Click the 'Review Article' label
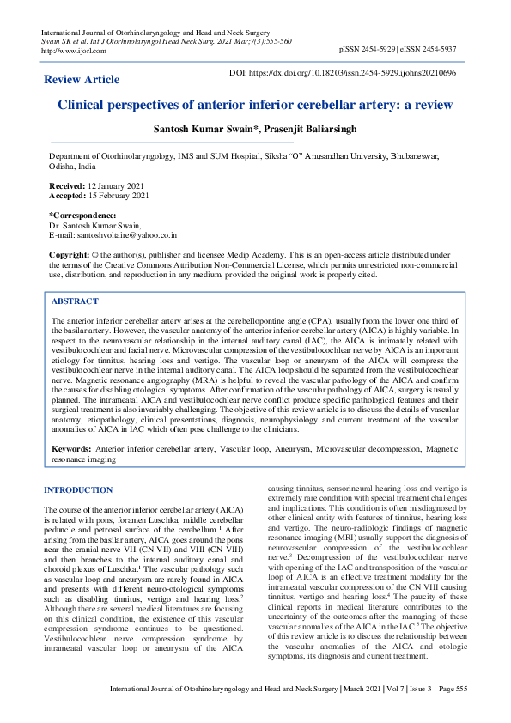(82, 80)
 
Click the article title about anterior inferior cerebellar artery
(254, 105)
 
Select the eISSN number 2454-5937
(447, 51)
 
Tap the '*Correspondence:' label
(82, 215)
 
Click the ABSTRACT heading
(75, 301)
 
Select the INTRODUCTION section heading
(89, 490)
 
